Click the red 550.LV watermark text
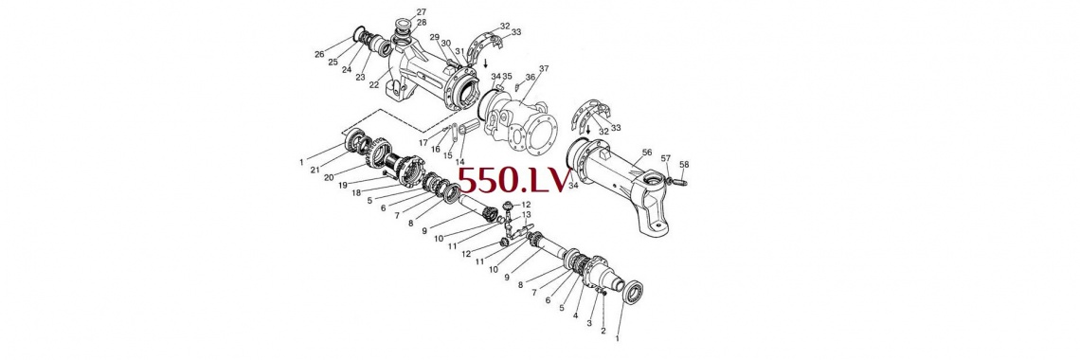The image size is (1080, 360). tap(514, 180)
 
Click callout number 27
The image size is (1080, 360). tap(422, 11)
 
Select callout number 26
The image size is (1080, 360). tap(319, 54)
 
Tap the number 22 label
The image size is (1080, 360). tap(374, 84)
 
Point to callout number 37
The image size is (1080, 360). tap(544, 69)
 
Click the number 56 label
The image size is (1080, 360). tap(647, 153)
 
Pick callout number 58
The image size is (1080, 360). tap(684, 165)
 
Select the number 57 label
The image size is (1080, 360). tap(665, 158)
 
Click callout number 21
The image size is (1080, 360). tap(315, 170)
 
